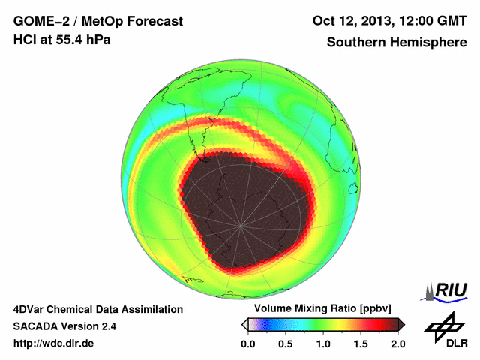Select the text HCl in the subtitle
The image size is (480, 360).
click(25, 40)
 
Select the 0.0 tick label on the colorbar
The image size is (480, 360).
click(249, 343)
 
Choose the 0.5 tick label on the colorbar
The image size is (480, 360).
click(286, 343)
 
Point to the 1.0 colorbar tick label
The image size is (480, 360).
click(323, 343)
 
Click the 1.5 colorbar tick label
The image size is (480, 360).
click(361, 343)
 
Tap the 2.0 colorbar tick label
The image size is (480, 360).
click(397, 343)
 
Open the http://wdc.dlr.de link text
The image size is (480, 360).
click(54, 343)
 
